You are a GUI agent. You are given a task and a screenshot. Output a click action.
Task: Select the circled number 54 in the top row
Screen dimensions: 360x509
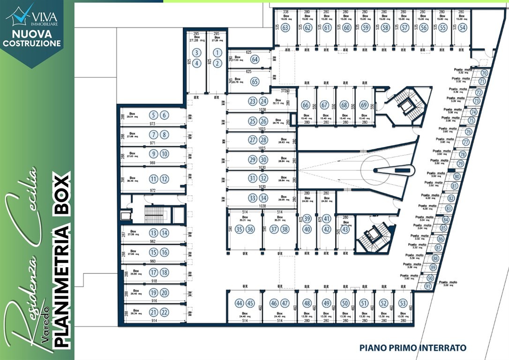(x=462, y=28)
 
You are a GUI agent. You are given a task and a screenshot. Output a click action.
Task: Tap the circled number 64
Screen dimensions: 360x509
(x=255, y=60)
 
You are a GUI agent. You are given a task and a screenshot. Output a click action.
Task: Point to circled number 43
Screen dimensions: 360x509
(x=345, y=229)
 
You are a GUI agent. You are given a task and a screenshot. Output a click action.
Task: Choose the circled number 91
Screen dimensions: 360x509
(x=427, y=286)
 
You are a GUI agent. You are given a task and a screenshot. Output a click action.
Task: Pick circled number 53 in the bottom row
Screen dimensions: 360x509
(x=403, y=303)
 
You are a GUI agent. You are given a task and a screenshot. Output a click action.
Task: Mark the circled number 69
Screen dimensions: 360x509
(x=364, y=105)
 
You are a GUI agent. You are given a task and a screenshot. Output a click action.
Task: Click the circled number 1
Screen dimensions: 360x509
(x=217, y=52)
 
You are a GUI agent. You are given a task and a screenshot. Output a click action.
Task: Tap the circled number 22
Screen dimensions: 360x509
(x=164, y=313)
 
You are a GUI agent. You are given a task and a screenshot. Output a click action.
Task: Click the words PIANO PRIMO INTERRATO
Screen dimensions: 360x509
(x=412, y=348)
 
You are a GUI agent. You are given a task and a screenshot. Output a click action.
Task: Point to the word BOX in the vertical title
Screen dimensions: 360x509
(x=62, y=195)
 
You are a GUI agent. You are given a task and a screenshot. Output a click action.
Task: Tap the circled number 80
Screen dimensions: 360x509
(x=457, y=177)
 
